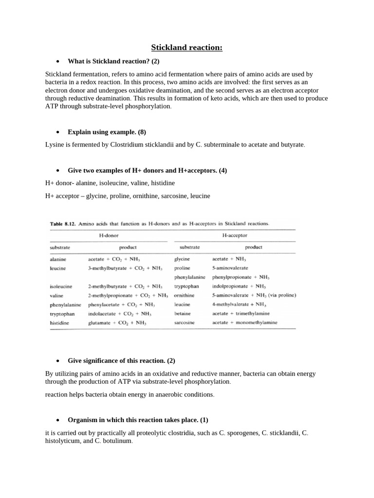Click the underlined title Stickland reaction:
coord(187,47)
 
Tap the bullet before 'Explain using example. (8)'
coord(57,132)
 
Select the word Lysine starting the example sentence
coord(55,145)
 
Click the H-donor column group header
coord(109,235)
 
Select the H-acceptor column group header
coord(234,235)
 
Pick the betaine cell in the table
coord(182,314)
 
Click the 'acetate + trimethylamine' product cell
coord(241,314)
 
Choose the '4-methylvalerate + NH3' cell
coord(239,304)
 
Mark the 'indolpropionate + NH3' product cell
coord(239,286)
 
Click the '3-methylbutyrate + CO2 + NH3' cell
coord(124,268)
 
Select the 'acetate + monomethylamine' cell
coord(244,322)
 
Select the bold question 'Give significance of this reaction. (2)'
coord(121,361)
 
